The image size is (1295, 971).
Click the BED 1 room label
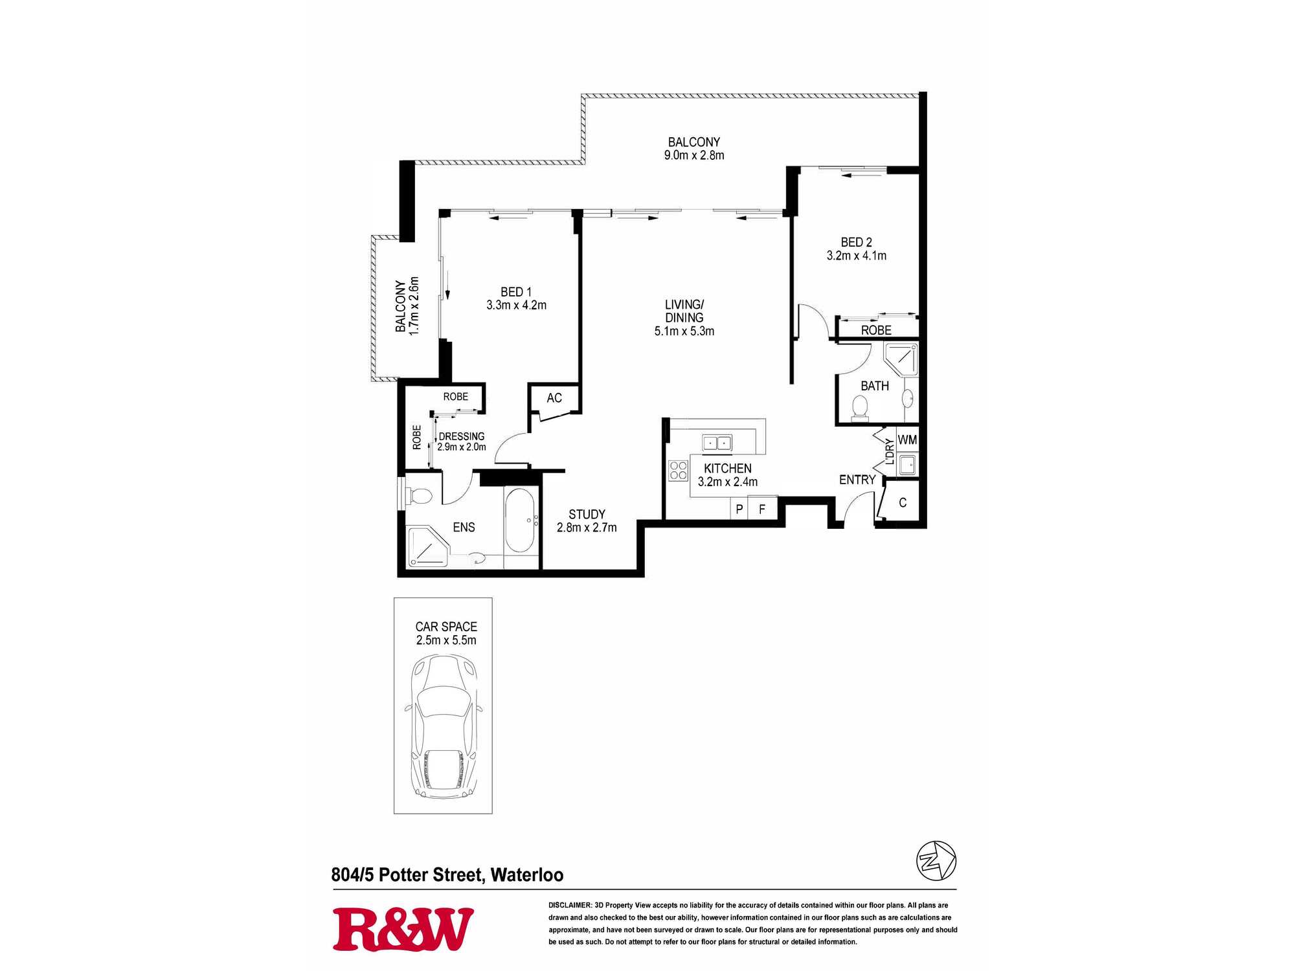[516, 292]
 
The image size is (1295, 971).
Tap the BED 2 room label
[856, 242]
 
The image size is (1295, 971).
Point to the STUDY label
[587, 514]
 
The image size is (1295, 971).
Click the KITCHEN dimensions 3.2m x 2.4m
[728, 482]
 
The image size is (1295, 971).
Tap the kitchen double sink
[717, 443]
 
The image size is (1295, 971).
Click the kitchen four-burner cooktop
[678, 471]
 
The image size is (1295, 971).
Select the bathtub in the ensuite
[519, 520]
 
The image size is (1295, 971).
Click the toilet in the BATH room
[860, 408]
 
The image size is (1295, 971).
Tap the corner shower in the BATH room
[901, 359]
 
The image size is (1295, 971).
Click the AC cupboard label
[554, 398]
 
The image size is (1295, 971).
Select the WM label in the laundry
[907, 440]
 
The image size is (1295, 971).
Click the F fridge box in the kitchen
[762, 509]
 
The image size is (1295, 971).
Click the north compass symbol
[936, 861]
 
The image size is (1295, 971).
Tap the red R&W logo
[403, 930]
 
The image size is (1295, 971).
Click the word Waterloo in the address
[527, 875]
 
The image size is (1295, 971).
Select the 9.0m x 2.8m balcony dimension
[694, 155]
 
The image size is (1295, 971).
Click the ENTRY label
[857, 480]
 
